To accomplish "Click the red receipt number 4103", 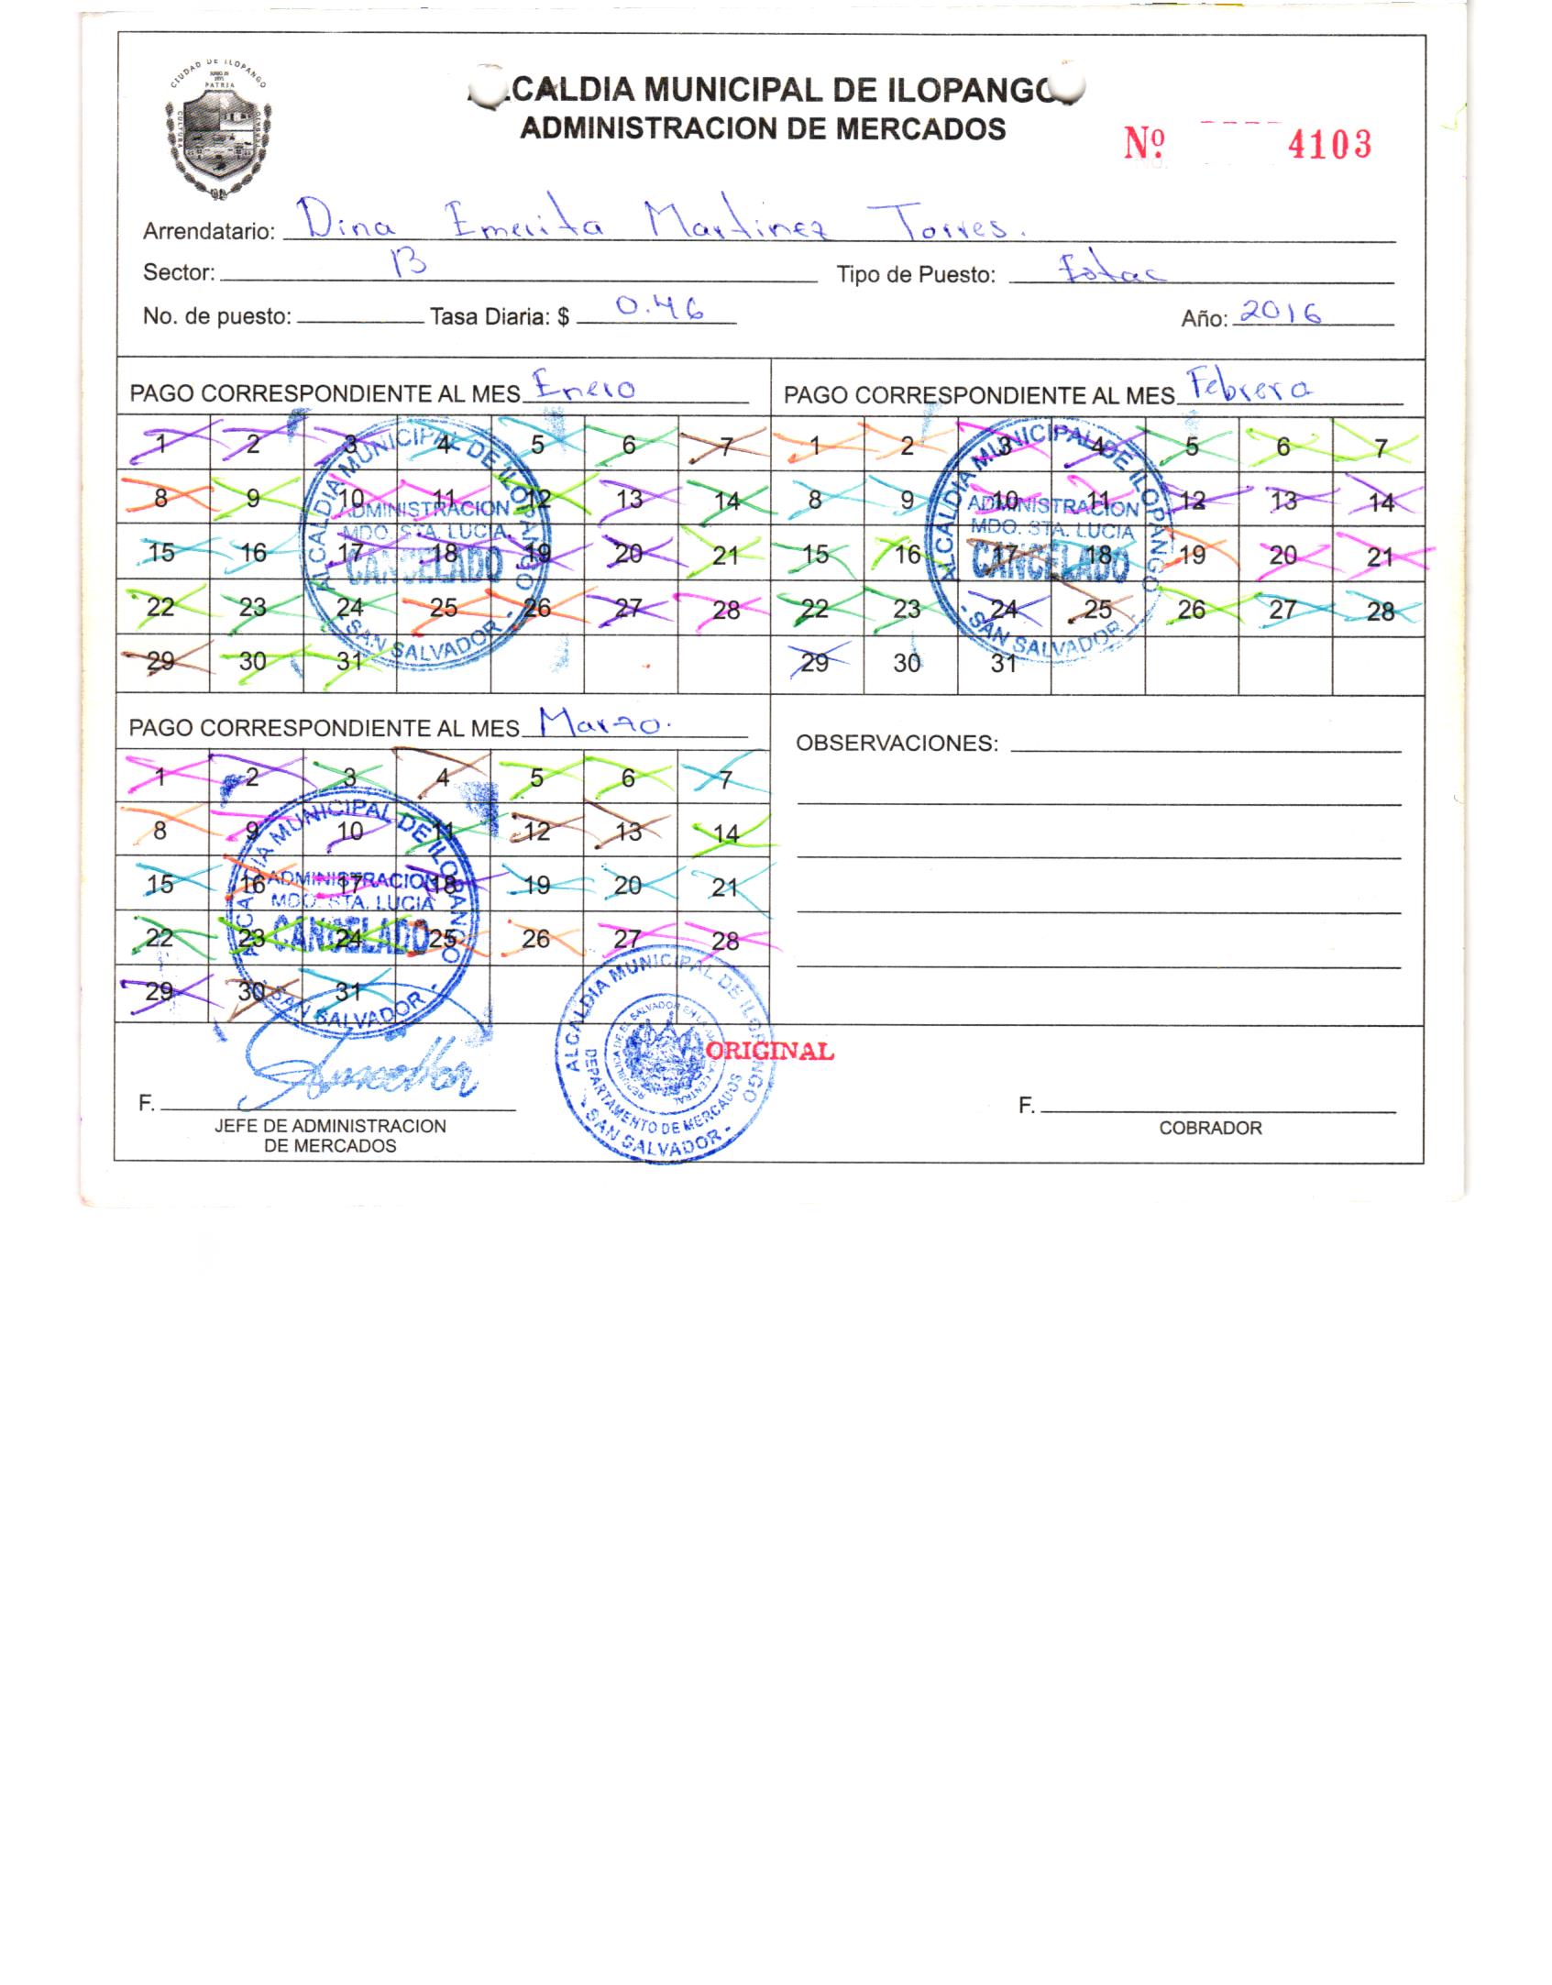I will point(1329,145).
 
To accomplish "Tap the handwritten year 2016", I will point(1280,314).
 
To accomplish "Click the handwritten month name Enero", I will point(585,388).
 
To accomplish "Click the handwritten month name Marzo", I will point(605,724).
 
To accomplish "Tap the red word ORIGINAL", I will point(770,1051).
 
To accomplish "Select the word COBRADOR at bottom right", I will point(1210,1129).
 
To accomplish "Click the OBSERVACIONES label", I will point(897,744).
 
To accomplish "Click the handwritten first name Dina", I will point(337,221).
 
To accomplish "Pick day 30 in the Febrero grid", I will point(907,663).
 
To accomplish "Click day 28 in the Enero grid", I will point(725,609).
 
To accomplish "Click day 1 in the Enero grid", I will point(161,445).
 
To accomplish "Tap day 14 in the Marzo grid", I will point(725,833).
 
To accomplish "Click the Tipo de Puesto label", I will point(916,274).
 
